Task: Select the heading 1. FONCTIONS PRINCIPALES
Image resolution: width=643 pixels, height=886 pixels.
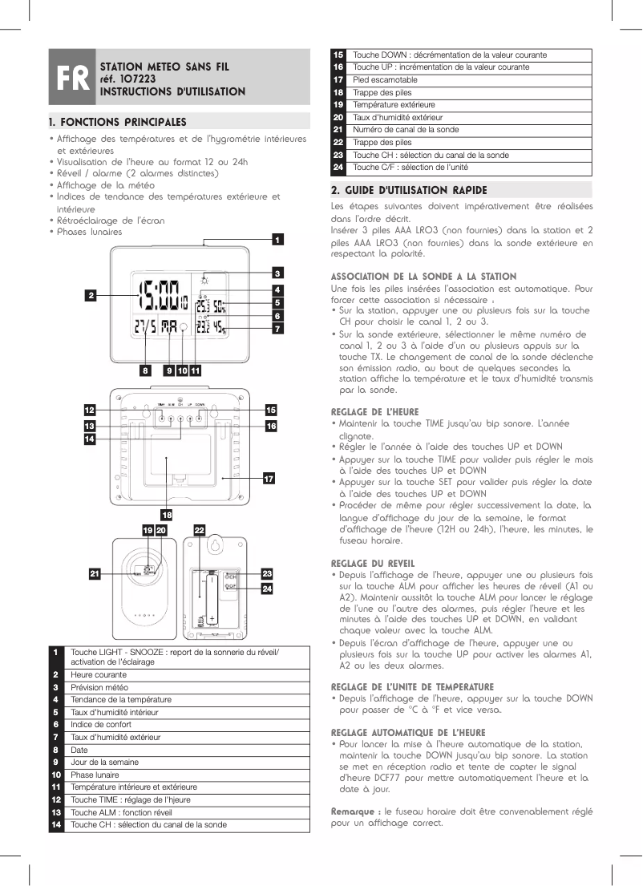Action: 117,123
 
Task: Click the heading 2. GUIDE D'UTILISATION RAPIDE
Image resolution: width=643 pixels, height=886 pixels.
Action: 409,190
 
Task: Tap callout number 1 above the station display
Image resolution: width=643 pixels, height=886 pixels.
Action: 276,239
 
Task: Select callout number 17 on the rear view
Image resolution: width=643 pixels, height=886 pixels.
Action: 269,479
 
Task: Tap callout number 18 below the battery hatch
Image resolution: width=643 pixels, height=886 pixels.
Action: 167,514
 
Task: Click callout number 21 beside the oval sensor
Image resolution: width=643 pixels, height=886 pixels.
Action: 95,574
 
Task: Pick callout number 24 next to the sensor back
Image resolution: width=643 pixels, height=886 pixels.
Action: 268,589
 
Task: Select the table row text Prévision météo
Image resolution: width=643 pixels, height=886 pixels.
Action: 99,687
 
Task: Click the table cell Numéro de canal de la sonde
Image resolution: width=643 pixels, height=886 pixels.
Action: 406,130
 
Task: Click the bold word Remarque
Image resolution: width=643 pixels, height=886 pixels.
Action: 353,811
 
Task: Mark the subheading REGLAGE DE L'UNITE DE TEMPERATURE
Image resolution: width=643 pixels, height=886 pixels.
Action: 412,687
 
